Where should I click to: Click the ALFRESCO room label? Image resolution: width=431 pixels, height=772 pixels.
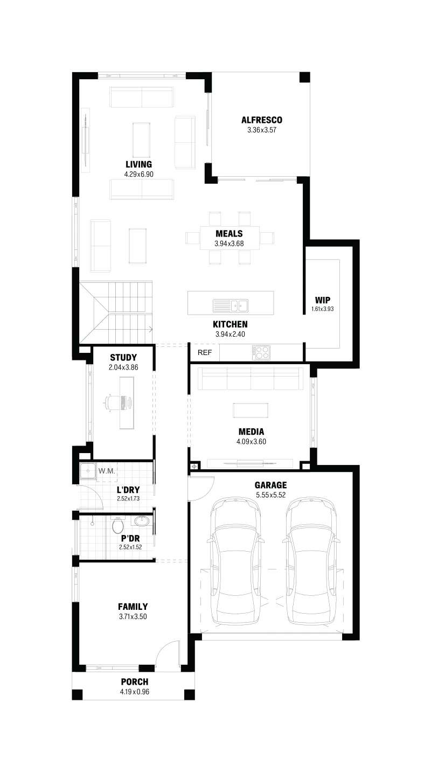(x=261, y=120)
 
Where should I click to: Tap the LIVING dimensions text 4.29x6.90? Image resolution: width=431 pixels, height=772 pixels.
(x=139, y=175)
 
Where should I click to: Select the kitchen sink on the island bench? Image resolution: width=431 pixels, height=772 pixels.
(x=231, y=305)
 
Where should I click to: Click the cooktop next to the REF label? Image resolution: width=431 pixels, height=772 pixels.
(x=261, y=352)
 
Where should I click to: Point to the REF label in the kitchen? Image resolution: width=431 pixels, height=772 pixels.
(x=205, y=352)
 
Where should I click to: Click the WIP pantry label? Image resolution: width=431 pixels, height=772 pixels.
(x=323, y=300)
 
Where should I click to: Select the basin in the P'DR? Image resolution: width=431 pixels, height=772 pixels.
(x=141, y=521)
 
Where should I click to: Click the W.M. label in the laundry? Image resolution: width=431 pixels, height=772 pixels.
(x=107, y=471)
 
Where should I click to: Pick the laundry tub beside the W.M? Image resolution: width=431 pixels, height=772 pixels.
(x=88, y=471)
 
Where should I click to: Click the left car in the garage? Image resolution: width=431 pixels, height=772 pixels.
(x=235, y=562)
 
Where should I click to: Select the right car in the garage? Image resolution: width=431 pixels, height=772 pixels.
(x=311, y=562)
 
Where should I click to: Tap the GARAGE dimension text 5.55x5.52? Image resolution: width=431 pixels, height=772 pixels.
(x=271, y=495)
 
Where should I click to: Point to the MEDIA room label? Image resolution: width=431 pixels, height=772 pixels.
(x=251, y=432)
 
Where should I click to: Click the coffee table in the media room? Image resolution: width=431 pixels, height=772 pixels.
(x=251, y=410)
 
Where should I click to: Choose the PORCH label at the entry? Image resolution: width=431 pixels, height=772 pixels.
(x=135, y=681)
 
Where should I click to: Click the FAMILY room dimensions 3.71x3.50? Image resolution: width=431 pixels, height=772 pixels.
(x=133, y=616)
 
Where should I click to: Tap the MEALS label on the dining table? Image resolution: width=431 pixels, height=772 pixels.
(x=229, y=233)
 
